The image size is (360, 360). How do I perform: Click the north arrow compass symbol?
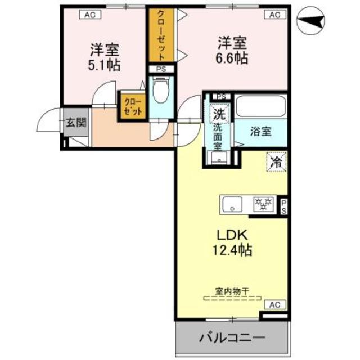[310, 21]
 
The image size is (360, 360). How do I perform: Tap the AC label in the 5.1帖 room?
[90, 15]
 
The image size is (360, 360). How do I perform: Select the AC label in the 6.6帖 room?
[274, 15]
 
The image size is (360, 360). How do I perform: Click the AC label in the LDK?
[274, 304]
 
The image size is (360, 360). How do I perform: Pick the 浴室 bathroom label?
[262, 132]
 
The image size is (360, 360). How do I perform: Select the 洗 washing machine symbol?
[219, 112]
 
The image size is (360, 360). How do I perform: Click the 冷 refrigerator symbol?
[276, 161]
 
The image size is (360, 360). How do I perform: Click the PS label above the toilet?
[162, 70]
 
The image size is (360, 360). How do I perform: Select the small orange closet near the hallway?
[132, 106]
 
